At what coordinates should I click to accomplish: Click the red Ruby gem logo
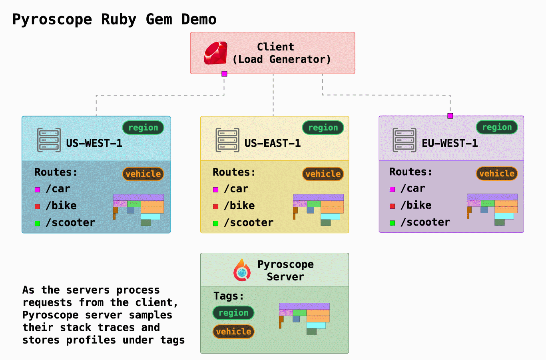(216, 53)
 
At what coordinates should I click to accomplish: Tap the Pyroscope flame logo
(242, 270)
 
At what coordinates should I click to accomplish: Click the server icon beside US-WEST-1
(49, 140)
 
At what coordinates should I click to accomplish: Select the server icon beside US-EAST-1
(227, 140)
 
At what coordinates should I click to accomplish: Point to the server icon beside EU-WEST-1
(405, 140)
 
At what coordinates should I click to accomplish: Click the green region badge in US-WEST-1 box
(143, 128)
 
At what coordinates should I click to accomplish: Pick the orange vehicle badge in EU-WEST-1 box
(497, 173)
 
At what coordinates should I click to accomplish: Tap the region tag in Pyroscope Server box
(233, 313)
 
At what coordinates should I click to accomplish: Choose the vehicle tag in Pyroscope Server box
(233, 332)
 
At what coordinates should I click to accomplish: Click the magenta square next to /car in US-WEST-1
(38, 190)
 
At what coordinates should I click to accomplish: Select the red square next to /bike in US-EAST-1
(215, 206)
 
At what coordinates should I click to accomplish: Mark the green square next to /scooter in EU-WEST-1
(392, 223)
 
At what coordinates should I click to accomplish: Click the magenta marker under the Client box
(224, 74)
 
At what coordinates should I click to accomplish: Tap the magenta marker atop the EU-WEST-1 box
(450, 116)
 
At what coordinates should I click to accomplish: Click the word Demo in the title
(199, 19)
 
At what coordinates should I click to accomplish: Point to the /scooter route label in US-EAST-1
(249, 223)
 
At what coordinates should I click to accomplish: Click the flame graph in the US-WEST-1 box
(139, 209)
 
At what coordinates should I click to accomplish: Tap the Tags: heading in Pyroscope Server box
(228, 296)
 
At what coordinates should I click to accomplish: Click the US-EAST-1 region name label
(273, 143)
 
